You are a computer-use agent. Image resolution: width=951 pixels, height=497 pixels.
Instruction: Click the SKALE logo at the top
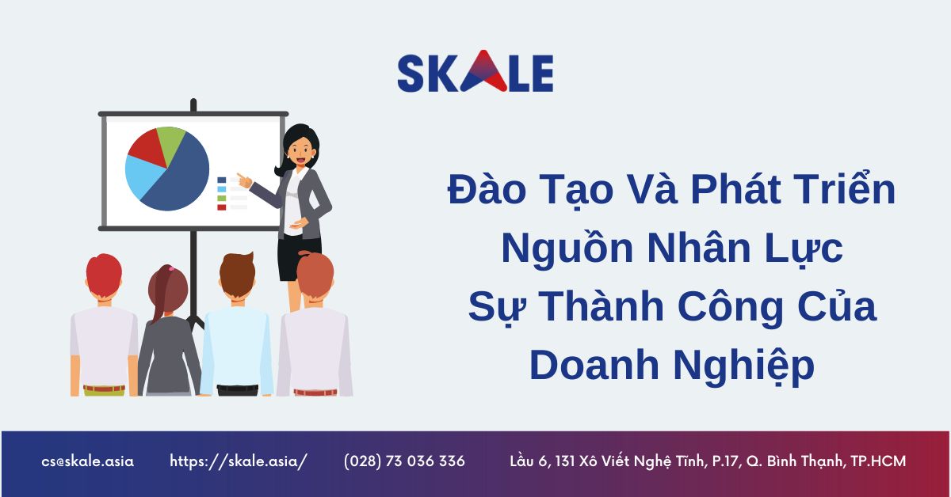(475, 74)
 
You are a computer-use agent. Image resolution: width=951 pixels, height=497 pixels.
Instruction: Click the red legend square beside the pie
(222, 207)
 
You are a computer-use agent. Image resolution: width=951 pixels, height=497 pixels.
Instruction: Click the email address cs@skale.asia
(88, 461)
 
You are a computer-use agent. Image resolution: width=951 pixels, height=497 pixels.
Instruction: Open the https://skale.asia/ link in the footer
(238, 461)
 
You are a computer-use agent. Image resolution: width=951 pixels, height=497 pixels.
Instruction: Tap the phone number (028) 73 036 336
(404, 461)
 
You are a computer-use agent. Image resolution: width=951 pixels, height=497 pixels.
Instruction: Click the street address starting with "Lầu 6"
(707, 461)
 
